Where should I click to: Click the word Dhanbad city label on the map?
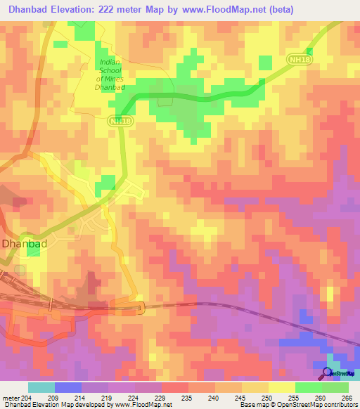coord(24,244)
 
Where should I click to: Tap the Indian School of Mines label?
coord(110,75)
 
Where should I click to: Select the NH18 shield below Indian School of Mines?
coord(120,122)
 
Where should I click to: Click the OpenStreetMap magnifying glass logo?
coord(327,372)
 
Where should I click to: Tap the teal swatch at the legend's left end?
coord(41,387)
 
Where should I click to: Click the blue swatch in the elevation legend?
coord(68,387)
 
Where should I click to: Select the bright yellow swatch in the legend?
coord(282,387)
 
